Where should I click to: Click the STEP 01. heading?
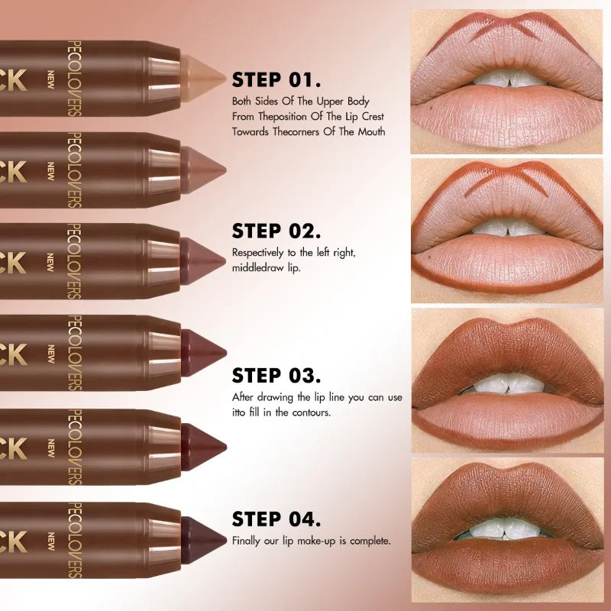[x=276, y=80]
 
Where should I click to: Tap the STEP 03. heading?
[x=276, y=375]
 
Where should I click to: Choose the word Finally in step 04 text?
[x=247, y=541]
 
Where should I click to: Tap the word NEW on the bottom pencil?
[x=51, y=539]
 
